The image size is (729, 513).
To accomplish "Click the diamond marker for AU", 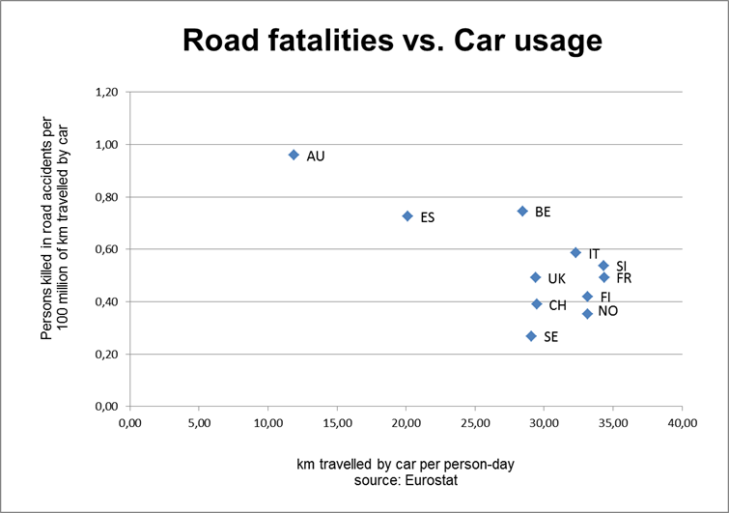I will (294, 155).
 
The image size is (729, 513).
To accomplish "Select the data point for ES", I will (407, 216).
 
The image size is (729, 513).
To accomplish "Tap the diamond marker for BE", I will (522, 211).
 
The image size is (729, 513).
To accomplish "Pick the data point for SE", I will (531, 336).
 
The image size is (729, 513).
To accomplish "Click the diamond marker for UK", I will (535, 277).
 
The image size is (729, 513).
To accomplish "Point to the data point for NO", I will (587, 313).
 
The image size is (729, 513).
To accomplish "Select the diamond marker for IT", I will (575, 252).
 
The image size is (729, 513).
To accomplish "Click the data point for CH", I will (537, 304).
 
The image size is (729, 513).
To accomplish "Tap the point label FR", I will (624, 278).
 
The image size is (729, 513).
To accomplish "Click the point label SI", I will (622, 266).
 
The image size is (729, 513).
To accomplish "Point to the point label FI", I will (605, 297).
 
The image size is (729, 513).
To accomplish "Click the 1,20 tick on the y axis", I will (107, 93).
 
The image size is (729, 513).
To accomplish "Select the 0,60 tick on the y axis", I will (107, 249).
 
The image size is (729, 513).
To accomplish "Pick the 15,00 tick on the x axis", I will (337, 423).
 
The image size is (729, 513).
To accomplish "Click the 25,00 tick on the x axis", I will (475, 423).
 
